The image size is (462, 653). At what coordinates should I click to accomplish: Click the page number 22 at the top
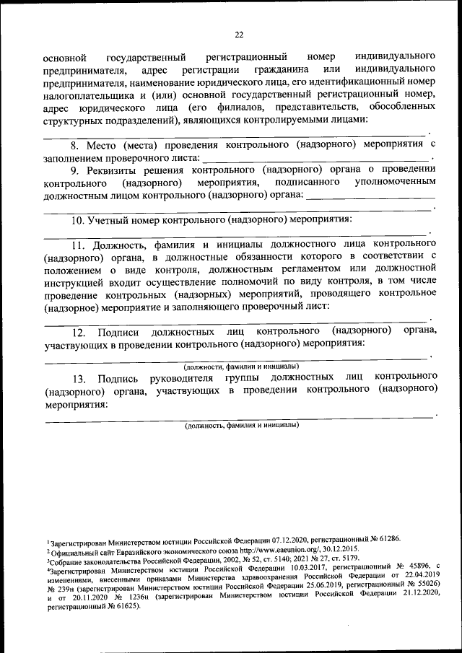[x=239, y=34]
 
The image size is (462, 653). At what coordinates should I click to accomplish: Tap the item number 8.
[x=64, y=145]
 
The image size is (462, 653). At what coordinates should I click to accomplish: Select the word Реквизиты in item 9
[x=109, y=170]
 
